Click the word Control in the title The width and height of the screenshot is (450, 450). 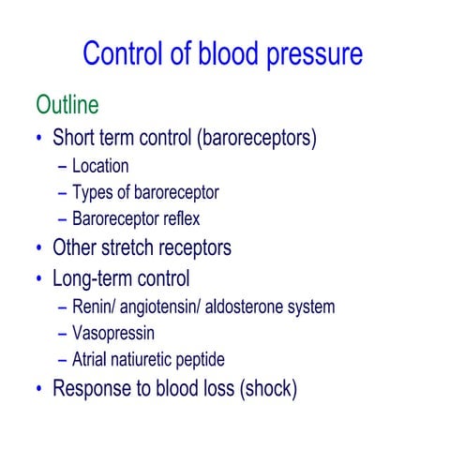pyautogui.click(x=127, y=53)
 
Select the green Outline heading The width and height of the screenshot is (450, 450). pyautogui.click(x=67, y=104)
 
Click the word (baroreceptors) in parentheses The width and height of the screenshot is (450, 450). pyautogui.click(x=257, y=139)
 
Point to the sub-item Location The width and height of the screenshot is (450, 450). pyautogui.click(x=99, y=167)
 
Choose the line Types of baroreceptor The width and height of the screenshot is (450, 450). pyautogui.click(x=144, y=193)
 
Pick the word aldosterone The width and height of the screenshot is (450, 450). pyautogui.click(x=251, y=306)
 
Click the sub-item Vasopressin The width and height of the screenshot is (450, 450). pyautogui.click(x=112, y=333)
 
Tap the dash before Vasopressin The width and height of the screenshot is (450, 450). pyautogui.click(x=62, y=333)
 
